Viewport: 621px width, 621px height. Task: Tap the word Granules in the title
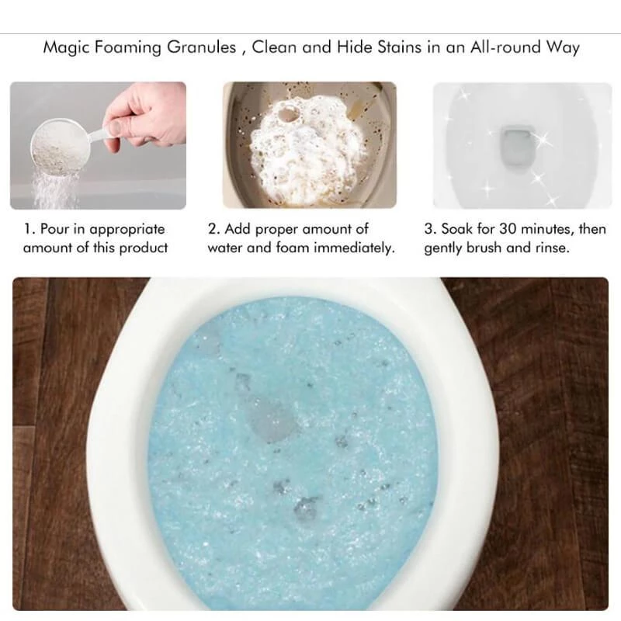[x=201, y=47]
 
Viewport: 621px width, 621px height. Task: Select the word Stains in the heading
[x=399, y=47]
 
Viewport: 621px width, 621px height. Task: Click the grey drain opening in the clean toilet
[x=517, y=147]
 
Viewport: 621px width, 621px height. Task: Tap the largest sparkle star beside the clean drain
[x=543, y=140]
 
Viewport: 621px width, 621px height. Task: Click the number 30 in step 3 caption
[x=508, y=229]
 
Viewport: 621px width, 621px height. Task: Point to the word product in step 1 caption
[x=144, y=248]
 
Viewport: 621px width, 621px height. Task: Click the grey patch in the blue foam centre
[x=270, y=421]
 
